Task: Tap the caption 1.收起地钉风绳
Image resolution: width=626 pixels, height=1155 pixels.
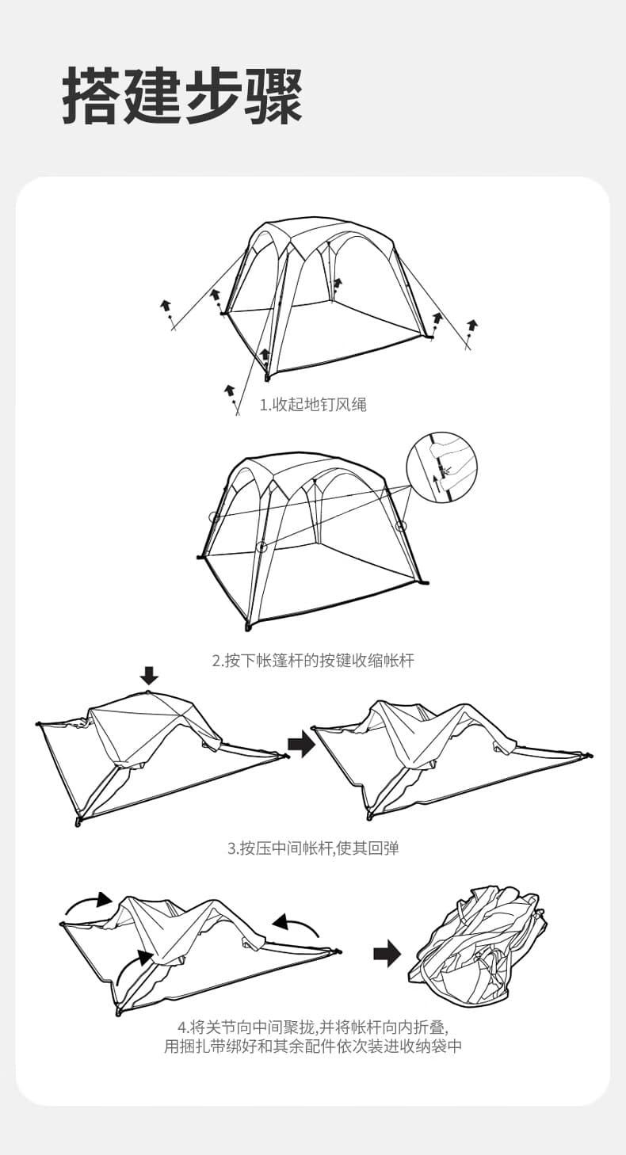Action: pos(312,405)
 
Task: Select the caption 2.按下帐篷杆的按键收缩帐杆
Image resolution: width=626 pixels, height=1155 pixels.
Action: pos(313,660)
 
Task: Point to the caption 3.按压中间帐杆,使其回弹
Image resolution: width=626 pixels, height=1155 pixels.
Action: pos(313,848)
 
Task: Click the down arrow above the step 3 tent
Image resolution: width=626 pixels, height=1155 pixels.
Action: pos(149,675)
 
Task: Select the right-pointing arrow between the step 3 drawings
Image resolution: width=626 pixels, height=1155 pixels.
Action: pos(301,745)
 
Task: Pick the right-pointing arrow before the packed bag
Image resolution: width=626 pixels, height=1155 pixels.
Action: pos(387,954)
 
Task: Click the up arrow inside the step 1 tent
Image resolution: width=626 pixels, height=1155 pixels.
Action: pos(338,283)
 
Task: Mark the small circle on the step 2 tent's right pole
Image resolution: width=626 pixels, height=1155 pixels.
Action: pos(401,525)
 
